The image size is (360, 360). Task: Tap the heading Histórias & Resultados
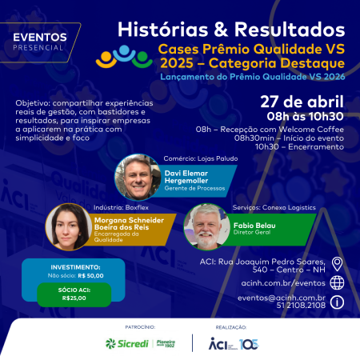[231, 29]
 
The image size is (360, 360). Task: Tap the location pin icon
[338, 264]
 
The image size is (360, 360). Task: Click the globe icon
[338, 282]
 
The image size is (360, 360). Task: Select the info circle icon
[338, 302]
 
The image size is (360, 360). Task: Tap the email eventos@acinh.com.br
[282, 298]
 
